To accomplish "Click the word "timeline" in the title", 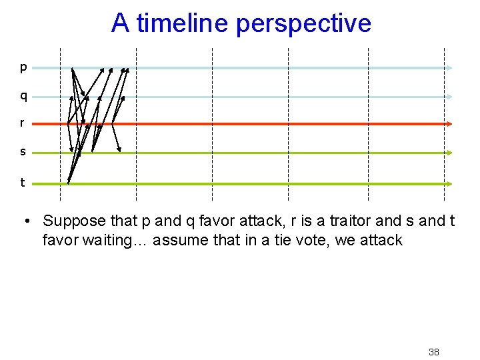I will click(179, 23).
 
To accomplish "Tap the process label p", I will click(23, 67).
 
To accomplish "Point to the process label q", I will click(23, 97).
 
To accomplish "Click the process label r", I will click(23, 123).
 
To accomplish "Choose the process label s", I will click(23, 152).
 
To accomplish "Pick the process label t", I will click(23, 182).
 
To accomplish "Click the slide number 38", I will click(433, 352).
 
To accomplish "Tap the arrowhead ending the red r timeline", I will click(451, 124).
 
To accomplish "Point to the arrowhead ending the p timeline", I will click(451, 68).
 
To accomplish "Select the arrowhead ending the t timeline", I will click(451, 183).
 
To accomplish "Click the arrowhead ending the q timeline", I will click(451, 97).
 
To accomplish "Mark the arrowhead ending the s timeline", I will click(451, 153).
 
